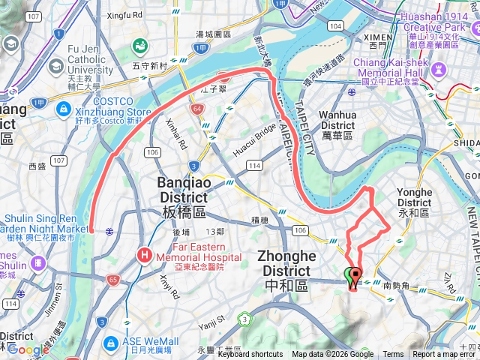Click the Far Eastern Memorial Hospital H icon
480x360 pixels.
(x=143, y=256)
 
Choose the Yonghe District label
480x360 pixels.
(x=414, y=196)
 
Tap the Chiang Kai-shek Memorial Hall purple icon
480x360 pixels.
(x=439, y=70)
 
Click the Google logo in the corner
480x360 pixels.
(x=28, y=349)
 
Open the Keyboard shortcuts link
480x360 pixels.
(x=250, y=355)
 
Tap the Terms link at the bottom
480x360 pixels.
(x=393, y=355)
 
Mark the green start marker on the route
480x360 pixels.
(x=349, y=275)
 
